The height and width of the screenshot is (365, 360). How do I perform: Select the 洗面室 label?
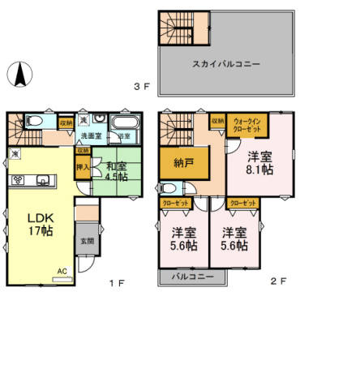tap(91, 136)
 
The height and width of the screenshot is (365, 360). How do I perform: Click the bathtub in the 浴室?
tap(123, 123)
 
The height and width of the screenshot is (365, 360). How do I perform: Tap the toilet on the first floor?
tap(36, 122)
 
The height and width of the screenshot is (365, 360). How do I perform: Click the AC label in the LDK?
tap(62, 271)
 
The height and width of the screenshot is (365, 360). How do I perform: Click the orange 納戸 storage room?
tap(183, 164)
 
